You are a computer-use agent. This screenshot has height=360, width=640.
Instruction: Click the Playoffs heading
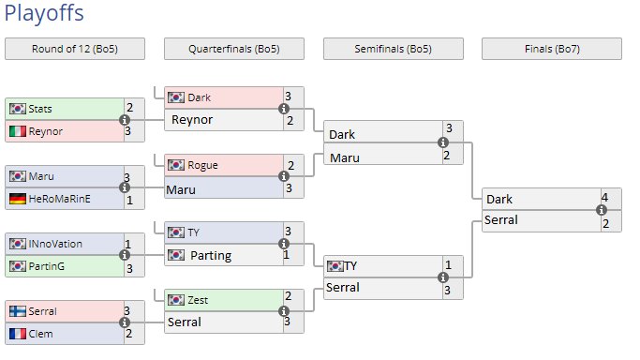44,13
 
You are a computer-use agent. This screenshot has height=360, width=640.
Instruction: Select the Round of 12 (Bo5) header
75,49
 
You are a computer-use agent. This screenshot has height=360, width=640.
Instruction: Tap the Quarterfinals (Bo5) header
234,49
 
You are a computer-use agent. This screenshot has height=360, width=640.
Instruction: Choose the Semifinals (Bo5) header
393,49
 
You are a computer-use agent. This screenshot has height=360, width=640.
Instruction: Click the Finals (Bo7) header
552,49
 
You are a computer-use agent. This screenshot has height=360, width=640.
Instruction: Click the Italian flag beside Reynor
18,131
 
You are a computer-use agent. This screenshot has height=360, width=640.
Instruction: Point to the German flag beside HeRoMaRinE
18,199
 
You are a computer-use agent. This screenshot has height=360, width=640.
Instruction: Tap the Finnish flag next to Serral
18,311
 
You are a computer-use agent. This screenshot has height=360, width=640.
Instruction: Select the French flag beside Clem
18,334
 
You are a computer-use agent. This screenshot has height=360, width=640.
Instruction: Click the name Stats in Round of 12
40,109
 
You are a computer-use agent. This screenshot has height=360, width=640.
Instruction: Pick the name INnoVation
55,244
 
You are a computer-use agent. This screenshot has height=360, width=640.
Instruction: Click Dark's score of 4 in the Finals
605,198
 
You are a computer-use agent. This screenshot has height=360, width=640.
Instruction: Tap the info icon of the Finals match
602,210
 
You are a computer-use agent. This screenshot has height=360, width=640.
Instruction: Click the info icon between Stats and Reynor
125,120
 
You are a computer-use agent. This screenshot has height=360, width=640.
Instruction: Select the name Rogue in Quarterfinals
202,165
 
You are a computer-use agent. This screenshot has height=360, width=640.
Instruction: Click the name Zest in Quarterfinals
198,300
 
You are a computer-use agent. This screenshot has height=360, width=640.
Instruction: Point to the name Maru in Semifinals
345,157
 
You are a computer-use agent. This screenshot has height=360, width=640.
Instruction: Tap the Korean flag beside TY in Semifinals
335,266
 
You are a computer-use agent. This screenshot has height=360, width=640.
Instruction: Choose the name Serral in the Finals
501,220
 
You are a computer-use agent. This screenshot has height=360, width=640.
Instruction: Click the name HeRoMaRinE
60,199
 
